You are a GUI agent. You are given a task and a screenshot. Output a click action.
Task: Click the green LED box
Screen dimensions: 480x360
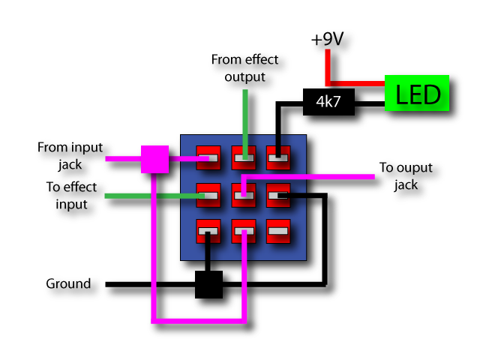point(417,93)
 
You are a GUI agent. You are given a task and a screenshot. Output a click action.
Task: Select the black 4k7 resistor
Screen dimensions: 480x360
point(328,102)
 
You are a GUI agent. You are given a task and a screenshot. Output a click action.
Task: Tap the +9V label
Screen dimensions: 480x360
point(327,39)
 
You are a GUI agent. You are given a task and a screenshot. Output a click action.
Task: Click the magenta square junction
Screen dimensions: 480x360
point(155,159)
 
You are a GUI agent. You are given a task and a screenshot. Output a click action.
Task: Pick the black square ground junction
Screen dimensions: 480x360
point(208,284)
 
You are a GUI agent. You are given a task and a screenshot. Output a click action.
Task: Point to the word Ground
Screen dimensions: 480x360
point(68,283)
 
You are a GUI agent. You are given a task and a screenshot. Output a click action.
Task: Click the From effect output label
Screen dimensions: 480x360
point(245,68)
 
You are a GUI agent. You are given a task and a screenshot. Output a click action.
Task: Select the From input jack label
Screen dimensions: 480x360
point(70,155)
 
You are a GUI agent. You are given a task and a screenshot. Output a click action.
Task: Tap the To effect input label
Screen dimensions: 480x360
point(72,196)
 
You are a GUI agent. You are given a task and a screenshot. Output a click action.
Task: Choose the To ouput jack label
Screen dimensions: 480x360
point(406,176)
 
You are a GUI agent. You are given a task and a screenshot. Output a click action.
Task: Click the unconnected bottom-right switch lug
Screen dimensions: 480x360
point(278,232)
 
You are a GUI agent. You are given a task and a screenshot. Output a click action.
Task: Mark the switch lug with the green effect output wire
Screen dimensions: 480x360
point(244,158)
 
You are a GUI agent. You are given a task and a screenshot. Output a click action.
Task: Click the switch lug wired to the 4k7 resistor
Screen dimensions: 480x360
point(278,158)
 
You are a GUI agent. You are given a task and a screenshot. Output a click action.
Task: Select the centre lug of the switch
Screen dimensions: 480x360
point(244,195)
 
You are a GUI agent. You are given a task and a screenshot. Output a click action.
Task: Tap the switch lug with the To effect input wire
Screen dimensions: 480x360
point(208,195)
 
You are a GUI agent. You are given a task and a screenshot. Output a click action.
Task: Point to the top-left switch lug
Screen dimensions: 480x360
point(208,158)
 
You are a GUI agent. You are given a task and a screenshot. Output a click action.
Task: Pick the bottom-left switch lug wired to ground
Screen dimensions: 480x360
point(208,232)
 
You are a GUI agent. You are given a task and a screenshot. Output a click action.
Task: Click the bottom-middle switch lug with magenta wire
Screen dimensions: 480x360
point(244,232)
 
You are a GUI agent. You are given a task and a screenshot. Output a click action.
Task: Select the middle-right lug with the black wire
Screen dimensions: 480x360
point(278,195)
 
